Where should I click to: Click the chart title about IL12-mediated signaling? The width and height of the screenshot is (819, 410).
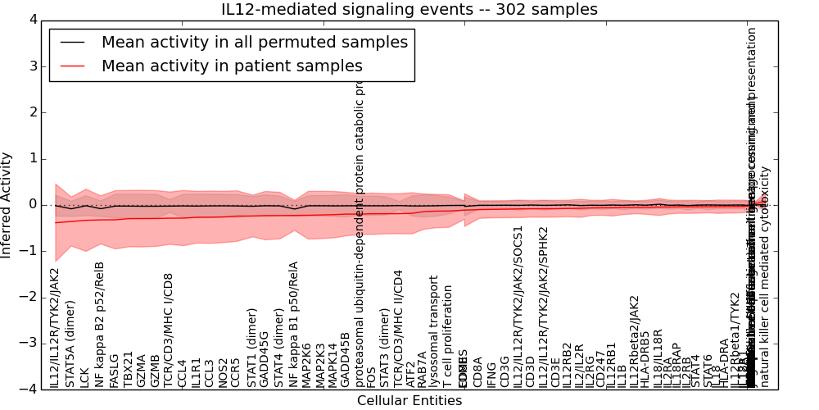tap(409, 10)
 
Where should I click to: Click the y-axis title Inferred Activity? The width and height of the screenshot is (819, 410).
tap(7, 204)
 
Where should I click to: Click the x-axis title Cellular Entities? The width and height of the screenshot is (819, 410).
tap(409, 401)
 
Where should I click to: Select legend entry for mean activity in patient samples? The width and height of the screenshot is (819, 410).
tap(232, 66)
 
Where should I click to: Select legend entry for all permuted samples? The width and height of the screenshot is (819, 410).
tap(254, 42)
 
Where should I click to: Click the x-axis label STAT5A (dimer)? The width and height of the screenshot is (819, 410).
tap(70, 344)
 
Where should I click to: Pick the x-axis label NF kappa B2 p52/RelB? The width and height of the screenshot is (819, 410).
tap(99, 325)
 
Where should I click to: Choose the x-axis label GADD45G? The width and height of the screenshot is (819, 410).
tap(264, 359)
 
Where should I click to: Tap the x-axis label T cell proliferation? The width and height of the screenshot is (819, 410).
tap(448, 336)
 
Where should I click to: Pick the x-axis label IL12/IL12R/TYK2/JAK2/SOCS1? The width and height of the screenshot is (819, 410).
tap(518, 307)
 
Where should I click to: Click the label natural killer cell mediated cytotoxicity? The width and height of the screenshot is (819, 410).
tap(765, 277)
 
